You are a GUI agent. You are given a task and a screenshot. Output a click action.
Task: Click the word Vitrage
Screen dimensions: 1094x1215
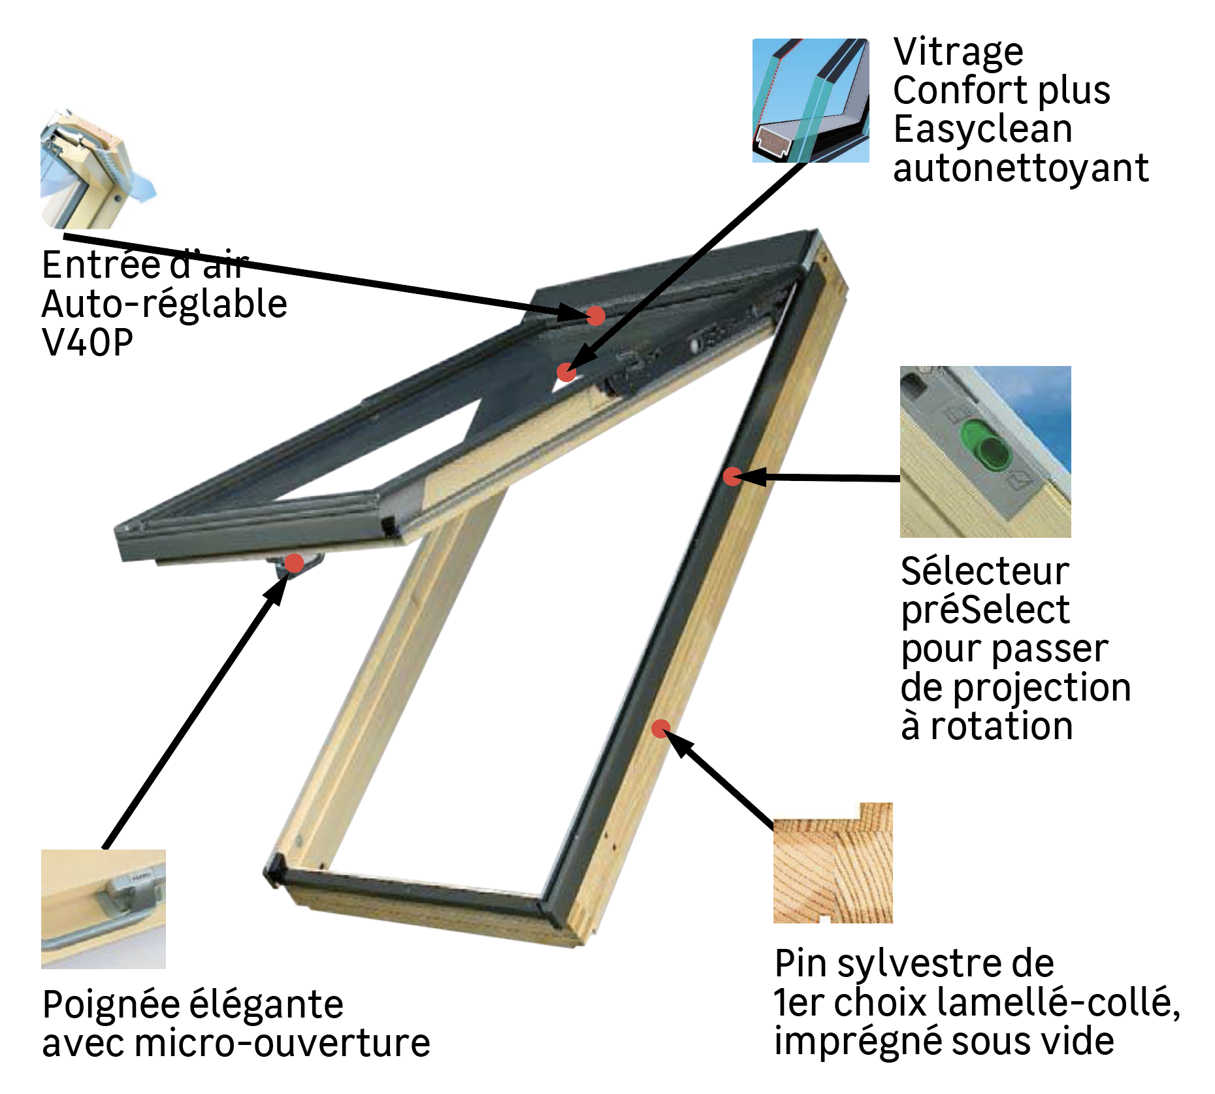coord(958,52)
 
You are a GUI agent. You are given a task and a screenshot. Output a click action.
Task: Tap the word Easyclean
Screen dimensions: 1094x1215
coord(982,129)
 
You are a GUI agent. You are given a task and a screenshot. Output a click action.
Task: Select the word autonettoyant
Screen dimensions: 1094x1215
coord(1020,169)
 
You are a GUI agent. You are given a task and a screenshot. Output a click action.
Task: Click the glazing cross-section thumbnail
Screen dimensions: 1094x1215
coord(811,101)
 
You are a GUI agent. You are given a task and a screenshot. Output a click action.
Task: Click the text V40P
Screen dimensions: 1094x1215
coord(88,342)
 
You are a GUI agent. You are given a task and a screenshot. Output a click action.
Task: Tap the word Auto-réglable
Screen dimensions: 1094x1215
coord(165,304)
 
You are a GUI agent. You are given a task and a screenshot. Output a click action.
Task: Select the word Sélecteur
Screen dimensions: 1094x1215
coord(984,572)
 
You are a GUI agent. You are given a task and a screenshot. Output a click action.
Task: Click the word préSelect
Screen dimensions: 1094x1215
coord(984,610)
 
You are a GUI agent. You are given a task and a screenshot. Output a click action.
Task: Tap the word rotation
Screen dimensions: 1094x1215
coord(1001,727)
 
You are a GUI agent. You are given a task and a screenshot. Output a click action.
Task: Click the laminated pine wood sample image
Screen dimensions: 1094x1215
coord(833,863)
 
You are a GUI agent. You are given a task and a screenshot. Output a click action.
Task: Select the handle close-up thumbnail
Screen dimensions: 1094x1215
coord(103,909)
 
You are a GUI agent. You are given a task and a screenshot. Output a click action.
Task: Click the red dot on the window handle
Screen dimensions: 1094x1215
coord(295,563)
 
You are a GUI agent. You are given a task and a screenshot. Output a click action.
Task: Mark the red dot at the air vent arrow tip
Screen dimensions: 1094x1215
coord(595,316)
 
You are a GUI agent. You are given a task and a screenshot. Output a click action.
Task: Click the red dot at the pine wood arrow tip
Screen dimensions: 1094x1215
coord(660,728)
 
